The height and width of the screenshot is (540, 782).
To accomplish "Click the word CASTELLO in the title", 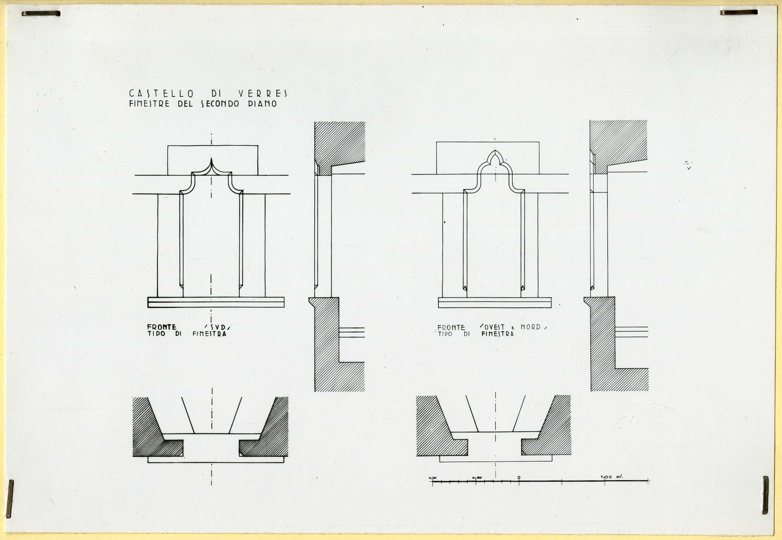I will pyautogui.click(x=161, y=93).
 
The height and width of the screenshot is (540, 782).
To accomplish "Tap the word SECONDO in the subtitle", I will pyautogui.click(x=220, y=104).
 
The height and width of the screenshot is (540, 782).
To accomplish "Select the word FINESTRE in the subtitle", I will pyautogui.click(x=149, y=104).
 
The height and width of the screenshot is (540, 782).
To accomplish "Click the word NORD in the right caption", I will pyautogui.click(x=530, y=327).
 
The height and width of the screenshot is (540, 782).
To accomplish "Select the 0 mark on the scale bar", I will pyautogui.click(x=519, y=478).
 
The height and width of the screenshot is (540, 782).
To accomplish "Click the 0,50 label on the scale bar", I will pyautogui.click(x=477, y=478).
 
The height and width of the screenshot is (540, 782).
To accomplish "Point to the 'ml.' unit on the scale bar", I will pyautogui.click(x=619, y=477).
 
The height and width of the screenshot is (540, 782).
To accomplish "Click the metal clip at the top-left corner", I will pyautogui.click(x=41, y=13).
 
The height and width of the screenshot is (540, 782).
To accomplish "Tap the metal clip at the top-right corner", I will pyautogui.click(x=739, y=12).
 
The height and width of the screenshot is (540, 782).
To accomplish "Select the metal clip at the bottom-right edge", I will pyautogui.click(x=765, y=495).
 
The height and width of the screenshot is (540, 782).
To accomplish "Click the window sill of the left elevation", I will pyautogui.click(x=216, y=302).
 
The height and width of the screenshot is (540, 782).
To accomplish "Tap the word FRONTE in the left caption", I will pyautogui.click(x=162, y=327).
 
